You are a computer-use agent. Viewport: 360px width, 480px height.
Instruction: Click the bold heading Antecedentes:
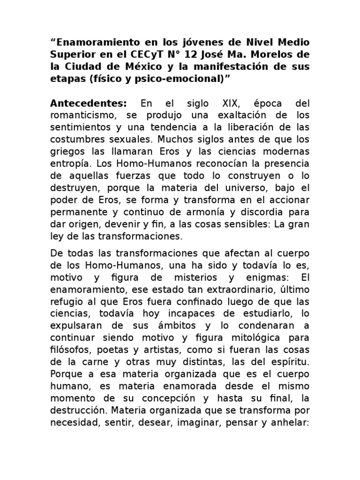tap(88, 103)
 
